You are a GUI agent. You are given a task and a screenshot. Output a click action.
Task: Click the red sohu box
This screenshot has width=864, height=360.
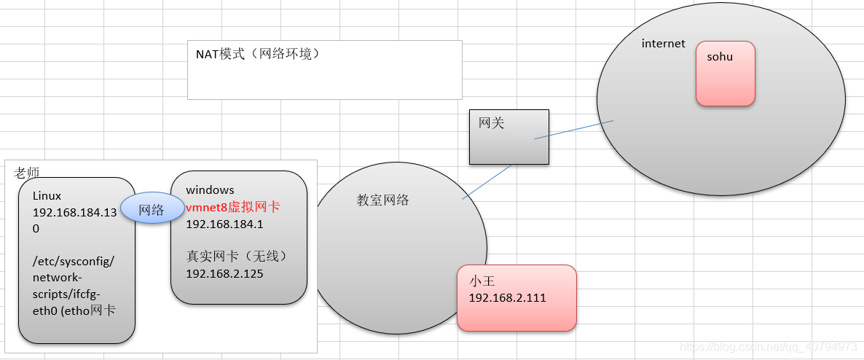(725, 74)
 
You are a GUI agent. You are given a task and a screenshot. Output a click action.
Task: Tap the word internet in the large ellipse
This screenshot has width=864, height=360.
(663, 44)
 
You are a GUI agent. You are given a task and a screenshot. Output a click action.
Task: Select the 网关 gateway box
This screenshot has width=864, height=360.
(508, 136)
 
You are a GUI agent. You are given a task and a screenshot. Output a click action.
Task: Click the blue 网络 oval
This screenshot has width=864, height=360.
(152, 210)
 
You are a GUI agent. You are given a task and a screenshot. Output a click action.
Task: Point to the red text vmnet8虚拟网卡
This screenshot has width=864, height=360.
(233, 207)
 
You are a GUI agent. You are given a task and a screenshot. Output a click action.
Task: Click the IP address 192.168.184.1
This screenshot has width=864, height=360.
(224, 224)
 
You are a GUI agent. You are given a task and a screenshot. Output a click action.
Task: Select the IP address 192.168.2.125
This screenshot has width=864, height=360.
(224, 274)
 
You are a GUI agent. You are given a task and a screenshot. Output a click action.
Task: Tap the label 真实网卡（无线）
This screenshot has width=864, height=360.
(237, 257)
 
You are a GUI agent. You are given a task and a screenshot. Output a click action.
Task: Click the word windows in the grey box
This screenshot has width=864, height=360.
(210, 190)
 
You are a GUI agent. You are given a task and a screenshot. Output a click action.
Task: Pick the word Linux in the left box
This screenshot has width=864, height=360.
(47, 196)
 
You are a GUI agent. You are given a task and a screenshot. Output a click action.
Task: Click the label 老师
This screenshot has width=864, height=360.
(26, 173)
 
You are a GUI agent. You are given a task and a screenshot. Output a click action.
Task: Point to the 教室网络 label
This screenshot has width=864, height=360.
(382, 200)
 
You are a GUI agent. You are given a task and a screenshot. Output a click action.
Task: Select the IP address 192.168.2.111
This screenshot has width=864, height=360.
(507, 298)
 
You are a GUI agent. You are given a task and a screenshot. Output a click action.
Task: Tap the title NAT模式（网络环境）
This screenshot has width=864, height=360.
(258, 55)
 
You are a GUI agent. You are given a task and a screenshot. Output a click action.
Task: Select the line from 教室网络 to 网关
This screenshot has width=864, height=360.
(487, 181)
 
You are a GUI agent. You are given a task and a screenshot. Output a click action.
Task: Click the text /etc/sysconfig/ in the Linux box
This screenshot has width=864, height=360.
(74, 262)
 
